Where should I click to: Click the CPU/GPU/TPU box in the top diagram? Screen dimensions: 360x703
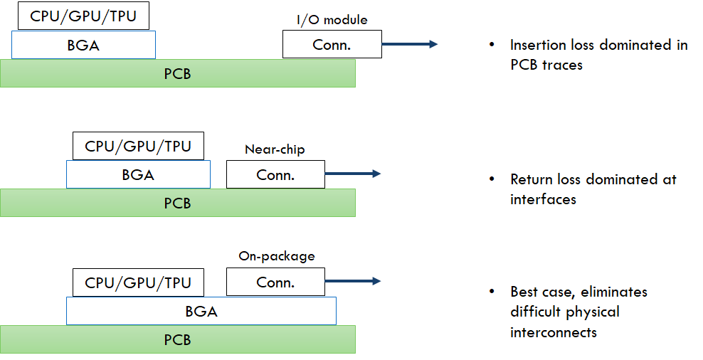pyautogui.click(x=83, y=16)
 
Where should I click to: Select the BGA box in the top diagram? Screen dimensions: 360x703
pyautogui.click(x=83, y=45)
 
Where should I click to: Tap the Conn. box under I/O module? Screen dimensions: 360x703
pyautogui.click(x=332, y=44)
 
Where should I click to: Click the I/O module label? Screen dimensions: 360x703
pyautogui.click(x=332, y=20)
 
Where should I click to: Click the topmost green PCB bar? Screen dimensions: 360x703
pyautogui.click(x=177, y=73)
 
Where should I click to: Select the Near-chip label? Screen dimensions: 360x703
pyautogui.click(x=275, y=149)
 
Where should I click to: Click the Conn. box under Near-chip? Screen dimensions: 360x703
pyautogui.click(x=275, y=174)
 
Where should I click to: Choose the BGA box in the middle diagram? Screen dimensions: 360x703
pyautogui.click(x=138, y=175)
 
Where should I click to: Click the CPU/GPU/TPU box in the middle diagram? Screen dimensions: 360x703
pyautogui.click(x=138, y=147)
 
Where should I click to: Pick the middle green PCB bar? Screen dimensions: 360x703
pyautogui.click(x=177, y=203)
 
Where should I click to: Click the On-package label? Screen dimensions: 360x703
pyautogui.click(x=276, y=256)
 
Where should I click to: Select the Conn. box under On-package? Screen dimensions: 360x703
pyautogui.click(x=275, y=282)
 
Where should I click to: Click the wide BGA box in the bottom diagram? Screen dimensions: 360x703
pyautogui.click(x=201, y=311)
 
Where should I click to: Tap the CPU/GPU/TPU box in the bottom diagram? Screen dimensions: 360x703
pyautogui.click(x=138, y=282)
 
